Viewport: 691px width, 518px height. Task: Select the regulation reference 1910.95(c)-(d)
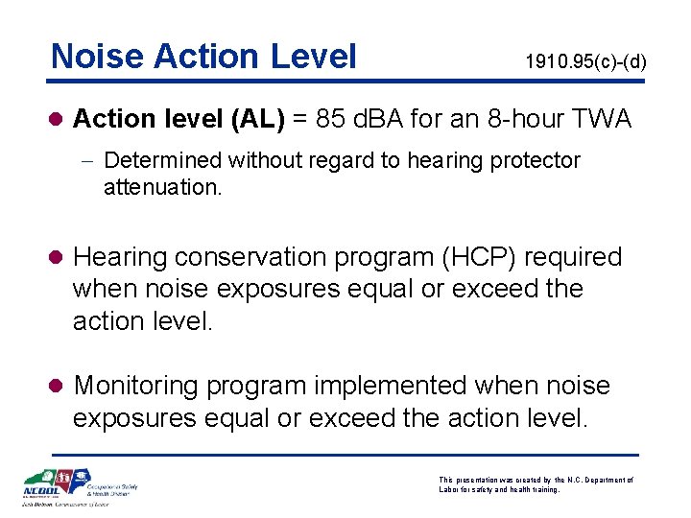[x=585, y=62]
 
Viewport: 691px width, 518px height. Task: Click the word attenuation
[x=162, y=187]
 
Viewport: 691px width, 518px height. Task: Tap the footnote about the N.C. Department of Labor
[x=536, y=483]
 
